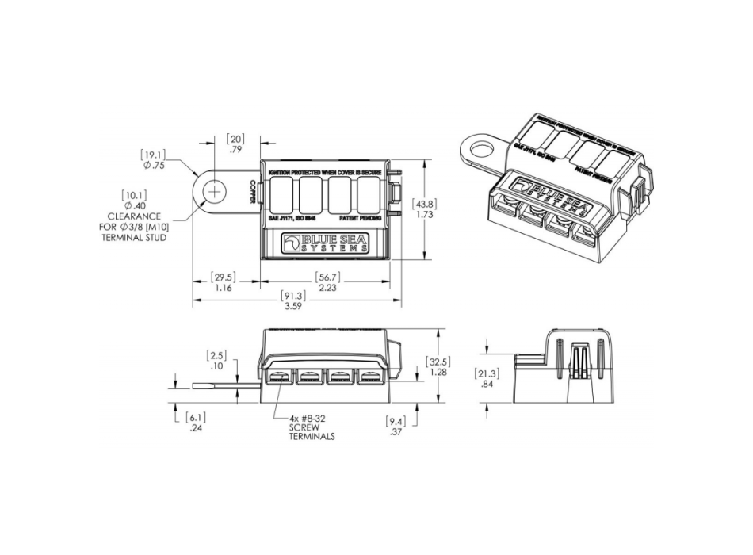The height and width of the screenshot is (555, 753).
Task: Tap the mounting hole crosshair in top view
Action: pyautogui.click(x=215, y=192)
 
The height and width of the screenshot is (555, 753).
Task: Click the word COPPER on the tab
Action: pyautogui.click(x=253, y=193)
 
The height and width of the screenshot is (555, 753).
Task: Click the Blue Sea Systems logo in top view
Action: pyautogui.click(x=327, y=243)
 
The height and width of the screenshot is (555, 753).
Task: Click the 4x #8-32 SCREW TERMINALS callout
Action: pyautogui.click(x=312, y=428)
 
